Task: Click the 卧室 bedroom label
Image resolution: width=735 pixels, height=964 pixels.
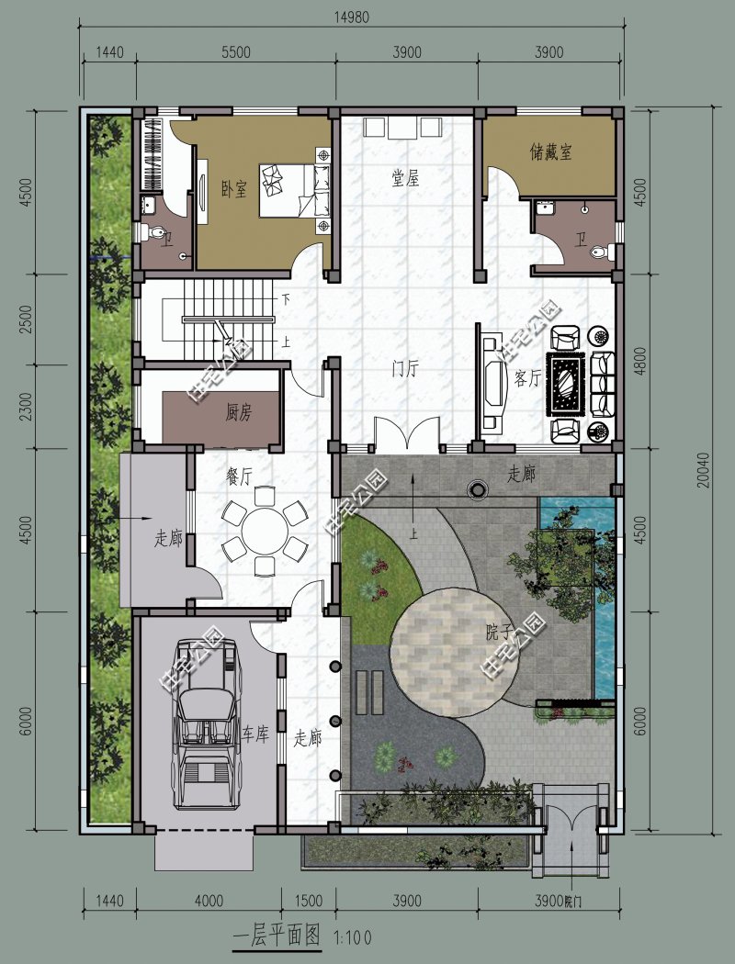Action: [233, 189]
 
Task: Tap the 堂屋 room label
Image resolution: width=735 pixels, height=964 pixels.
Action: [405, 178]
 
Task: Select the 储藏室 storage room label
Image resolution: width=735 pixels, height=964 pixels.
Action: [550, 152]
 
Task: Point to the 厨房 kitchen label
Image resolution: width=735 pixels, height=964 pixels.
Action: [238, 413]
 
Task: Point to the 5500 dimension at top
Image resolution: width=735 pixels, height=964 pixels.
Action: [235, 52]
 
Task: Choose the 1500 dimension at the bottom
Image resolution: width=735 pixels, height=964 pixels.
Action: [310, 900]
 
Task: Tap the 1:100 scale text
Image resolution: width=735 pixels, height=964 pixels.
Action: [354, 938]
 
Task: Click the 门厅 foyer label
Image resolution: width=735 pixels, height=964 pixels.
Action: [405, 370]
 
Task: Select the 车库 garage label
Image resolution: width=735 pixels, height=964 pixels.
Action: [255, 734]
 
